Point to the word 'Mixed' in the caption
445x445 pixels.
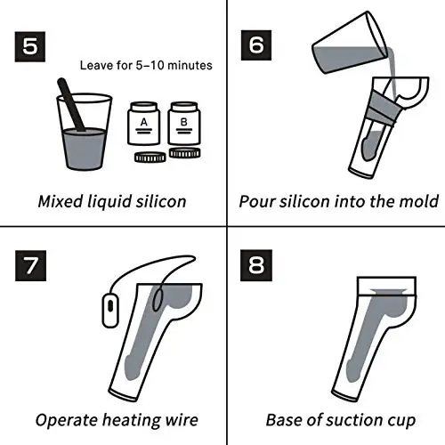(60, 200)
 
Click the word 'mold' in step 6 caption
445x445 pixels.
(419, 200)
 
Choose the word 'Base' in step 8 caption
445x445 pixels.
(285, 420)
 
